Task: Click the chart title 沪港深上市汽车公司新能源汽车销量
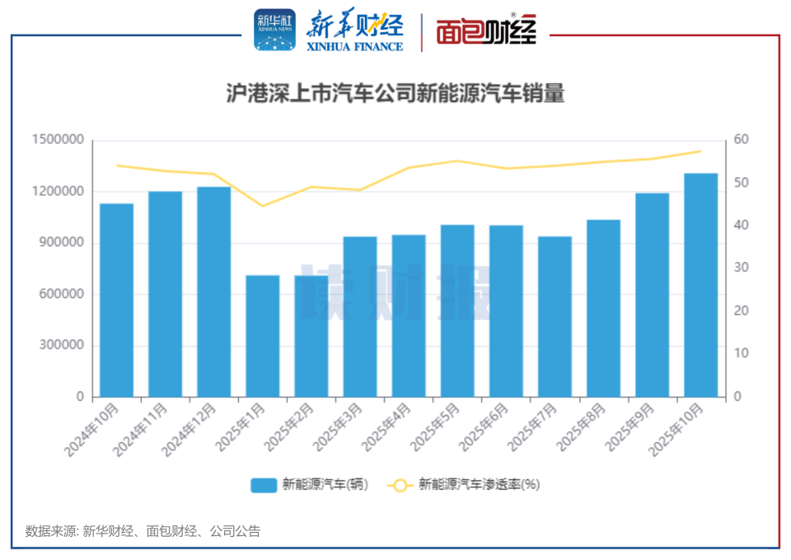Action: pos(395,93)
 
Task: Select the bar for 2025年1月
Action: pos(263,336)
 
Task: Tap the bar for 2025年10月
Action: pos(700,285)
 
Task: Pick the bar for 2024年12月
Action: pos(214,292)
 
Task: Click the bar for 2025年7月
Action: pos(555,317)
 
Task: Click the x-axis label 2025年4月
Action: pos(388,427)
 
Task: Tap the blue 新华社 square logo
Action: pos(274,31)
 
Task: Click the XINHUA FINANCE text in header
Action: pos(355,47)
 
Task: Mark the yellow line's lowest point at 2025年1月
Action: pos(263,205)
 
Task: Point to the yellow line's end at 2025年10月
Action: pos(700,151)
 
